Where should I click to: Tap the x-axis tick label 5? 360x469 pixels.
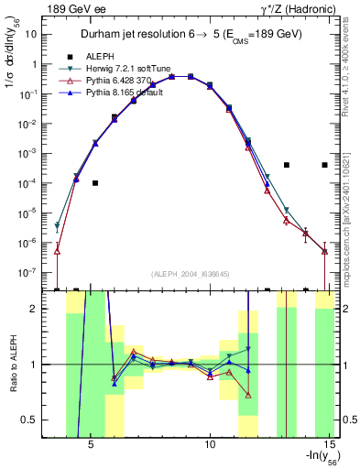coord(91,448)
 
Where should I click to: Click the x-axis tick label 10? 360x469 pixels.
coord(210,448)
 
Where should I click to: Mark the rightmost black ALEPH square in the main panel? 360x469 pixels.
coord(324,165)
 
